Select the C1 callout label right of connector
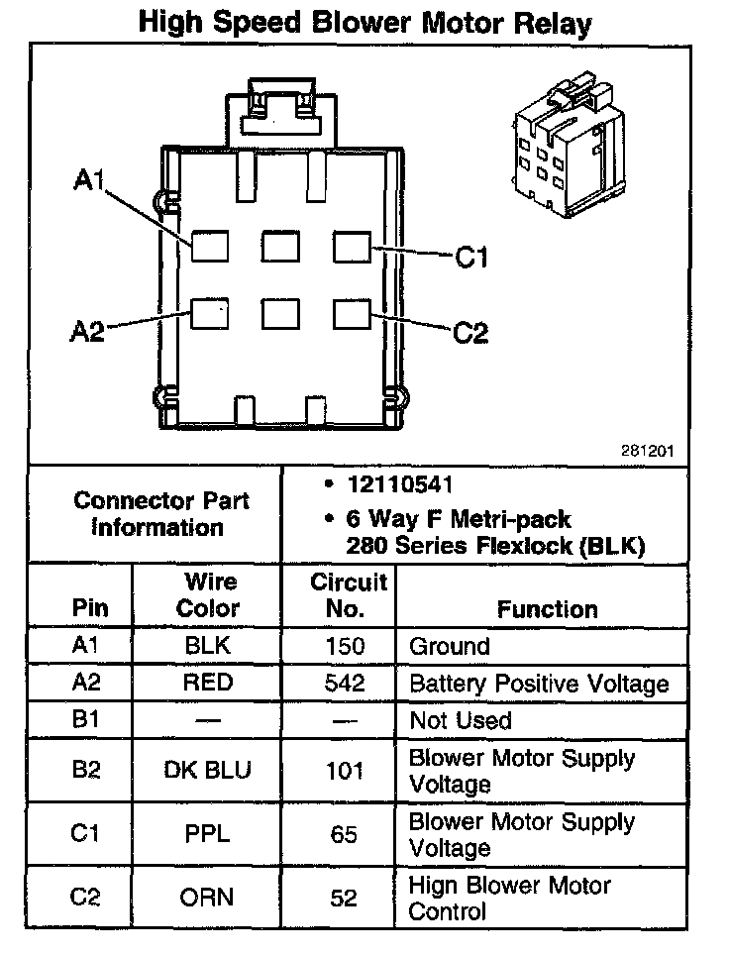tap(471, 259)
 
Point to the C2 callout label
tap(470, 332)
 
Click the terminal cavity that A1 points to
tap(210, 245)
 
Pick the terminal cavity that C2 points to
tap(352, 314)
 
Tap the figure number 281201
tap(648, 450)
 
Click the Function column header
tap(547, 608)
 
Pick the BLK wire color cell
tap(208, 647)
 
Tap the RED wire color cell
tap(208, 683)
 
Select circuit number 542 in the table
tap(344, 683)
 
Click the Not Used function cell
tap(461, 720)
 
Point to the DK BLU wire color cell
tap(208, 771)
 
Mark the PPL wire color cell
tap(208, 834)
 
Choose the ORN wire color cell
tap(208, 898)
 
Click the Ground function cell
tap(450, 647)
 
